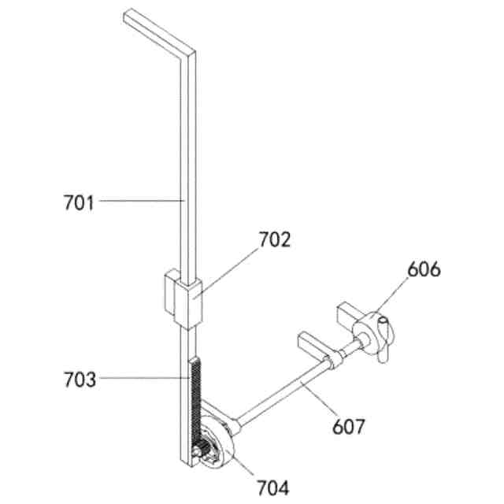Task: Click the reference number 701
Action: click(x=79, y=203)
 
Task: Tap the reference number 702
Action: click(x=275, y=239)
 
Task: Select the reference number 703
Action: click(x=80, y=380)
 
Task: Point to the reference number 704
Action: click(x=273, y=487)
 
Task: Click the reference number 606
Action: click(x=424, y=269)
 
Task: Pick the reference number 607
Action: click(x=348, y=427)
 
